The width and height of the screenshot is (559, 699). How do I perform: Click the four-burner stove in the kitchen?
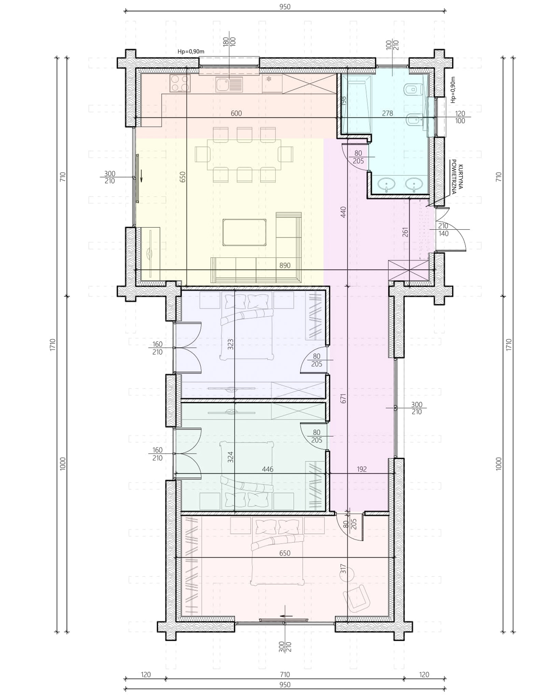(x=180, y=83)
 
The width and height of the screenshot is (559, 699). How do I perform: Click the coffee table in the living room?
(x=244, y=232)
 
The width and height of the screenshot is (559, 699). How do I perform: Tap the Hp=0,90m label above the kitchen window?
(x=191, y=52)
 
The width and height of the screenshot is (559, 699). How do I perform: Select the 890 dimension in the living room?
(x=285, y=265)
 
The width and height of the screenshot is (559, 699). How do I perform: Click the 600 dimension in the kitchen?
(x=236, y=113)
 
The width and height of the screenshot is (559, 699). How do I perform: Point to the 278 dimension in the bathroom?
(x=388, y=113)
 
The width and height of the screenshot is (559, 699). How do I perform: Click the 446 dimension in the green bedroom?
(x=268, y=469)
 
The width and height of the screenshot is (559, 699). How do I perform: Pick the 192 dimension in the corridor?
(x=362, y=469)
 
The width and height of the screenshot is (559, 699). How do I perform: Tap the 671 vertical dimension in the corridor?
(x=343, y=398)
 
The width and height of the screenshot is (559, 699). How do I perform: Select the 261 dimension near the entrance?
(x=405, y=232)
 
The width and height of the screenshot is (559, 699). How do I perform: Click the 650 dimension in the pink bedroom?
(x=285, y=553)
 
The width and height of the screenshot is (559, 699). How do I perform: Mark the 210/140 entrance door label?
(x=443, y=230)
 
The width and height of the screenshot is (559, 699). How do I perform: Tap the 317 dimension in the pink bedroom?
(x=343, y=569)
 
